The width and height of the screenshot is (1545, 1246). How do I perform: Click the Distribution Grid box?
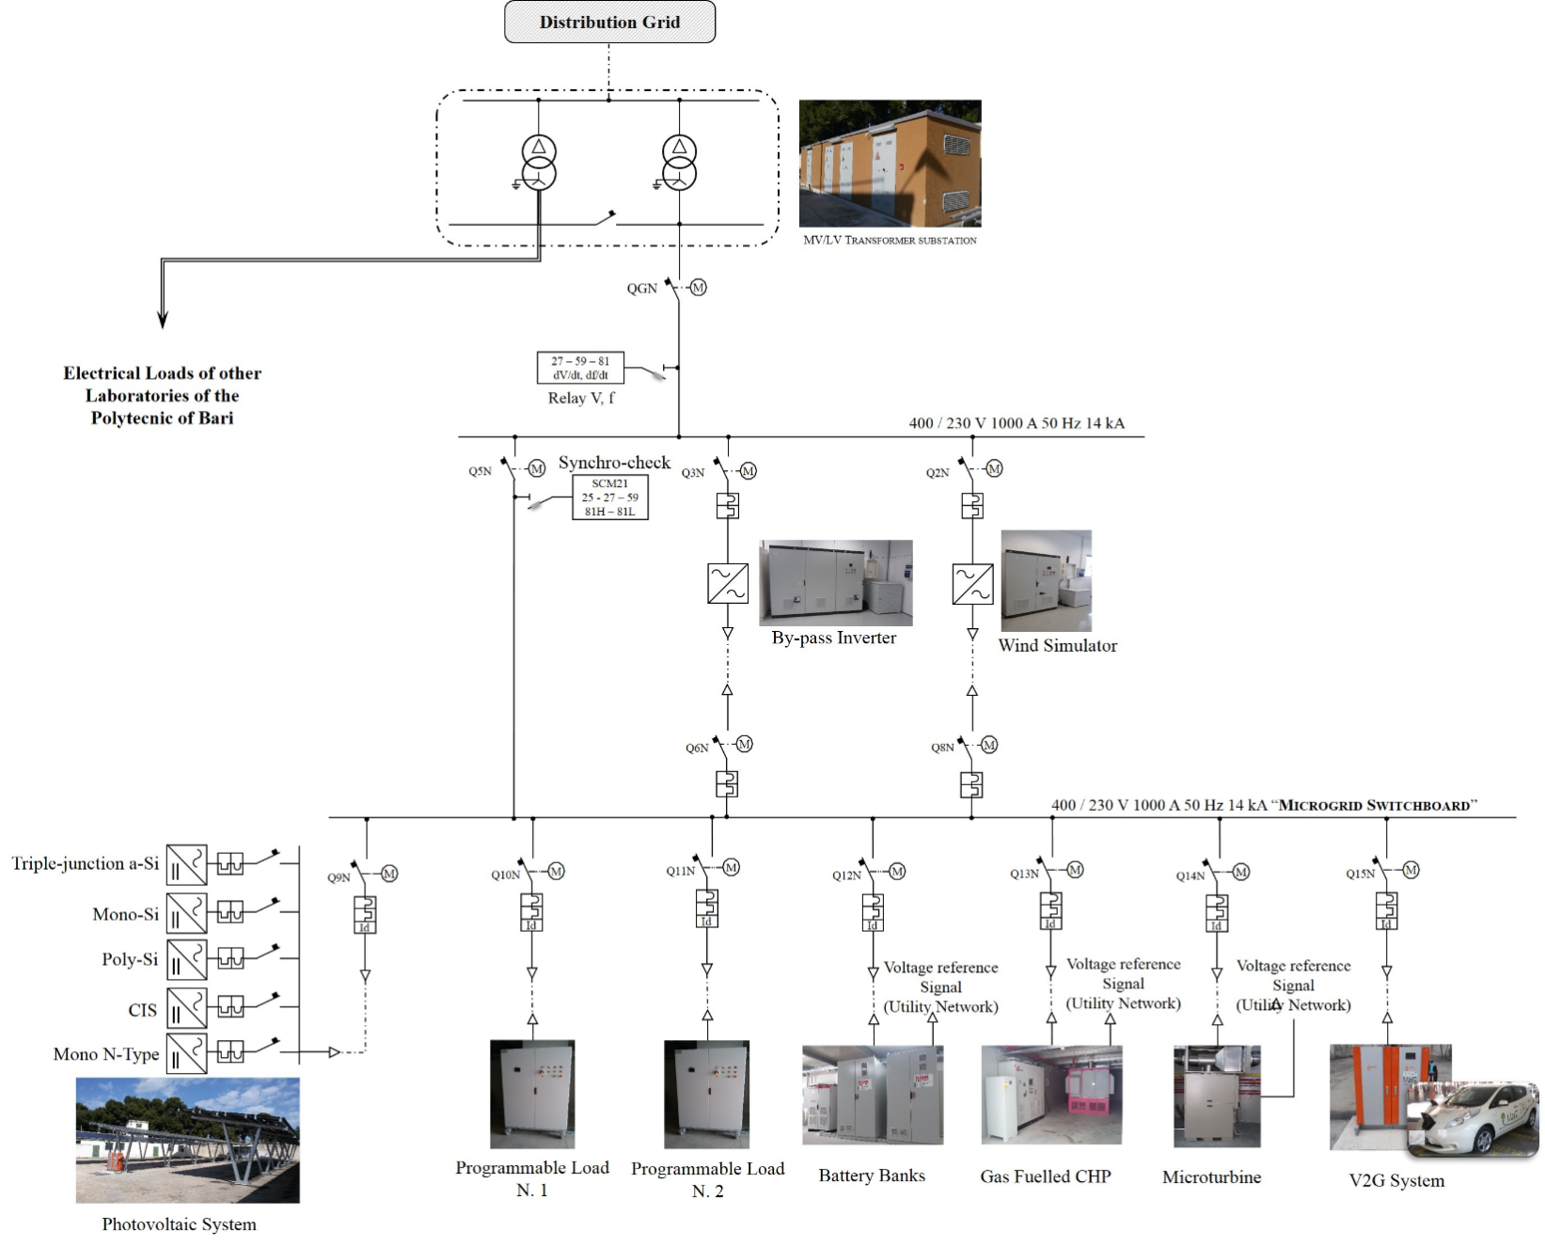tap(609, 23)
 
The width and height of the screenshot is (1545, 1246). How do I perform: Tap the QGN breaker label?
tap(641, 289)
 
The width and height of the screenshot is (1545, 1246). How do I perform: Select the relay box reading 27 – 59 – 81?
tap(580, 368)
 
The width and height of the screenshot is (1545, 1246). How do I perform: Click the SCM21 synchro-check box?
tap(609, 497)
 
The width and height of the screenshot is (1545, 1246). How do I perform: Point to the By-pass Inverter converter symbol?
tap(728, 583)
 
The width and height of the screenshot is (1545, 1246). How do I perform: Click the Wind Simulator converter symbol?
tap(972, 583)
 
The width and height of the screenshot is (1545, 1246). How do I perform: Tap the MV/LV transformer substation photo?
tap(890, 164)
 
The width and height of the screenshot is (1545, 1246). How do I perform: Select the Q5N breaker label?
tap(480, 471)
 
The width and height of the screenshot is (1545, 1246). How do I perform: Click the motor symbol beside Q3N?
tap(749, 471)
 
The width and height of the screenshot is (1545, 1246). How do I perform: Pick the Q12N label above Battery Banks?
tap(846, 875)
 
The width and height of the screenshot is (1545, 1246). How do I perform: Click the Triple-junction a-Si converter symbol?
tap(186, 864)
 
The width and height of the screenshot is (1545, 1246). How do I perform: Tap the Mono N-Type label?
tap(106, 1054)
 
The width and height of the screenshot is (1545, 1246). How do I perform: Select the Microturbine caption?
tap(1211, 1176)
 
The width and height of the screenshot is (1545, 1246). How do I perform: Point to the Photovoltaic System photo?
tap(187, 1140)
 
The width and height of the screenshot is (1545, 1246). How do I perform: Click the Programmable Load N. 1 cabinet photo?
tap(531, 1094)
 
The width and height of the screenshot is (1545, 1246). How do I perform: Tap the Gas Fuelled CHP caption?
tap(1045, 1176)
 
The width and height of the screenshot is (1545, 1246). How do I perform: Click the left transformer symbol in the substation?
tap(539, 163)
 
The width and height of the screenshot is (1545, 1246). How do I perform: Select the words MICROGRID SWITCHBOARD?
tap(1374, 805)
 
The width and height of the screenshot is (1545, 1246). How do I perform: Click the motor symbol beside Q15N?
tap(1411, 871)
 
